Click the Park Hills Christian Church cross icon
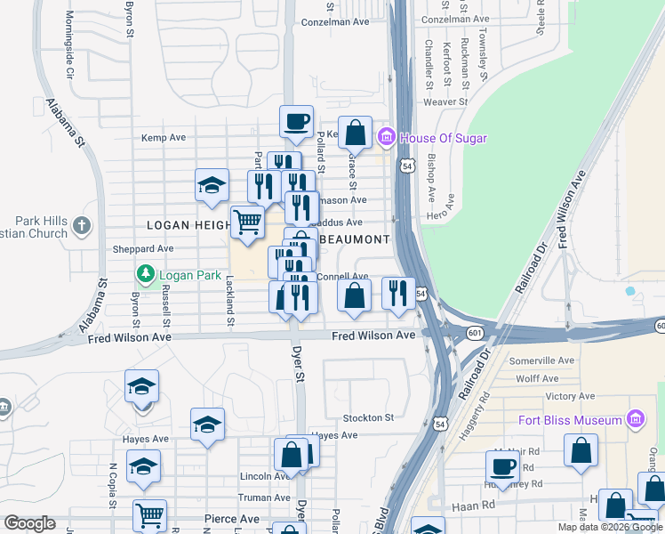[83, 224]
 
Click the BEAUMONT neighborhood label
[355, 239]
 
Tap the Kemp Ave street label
[164, 138]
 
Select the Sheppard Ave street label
[142, 249]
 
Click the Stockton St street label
[368, 417]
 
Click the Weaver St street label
[445, 102]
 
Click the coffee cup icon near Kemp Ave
[296, 120]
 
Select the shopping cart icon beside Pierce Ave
[149, 515]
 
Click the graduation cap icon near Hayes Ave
[207, 425]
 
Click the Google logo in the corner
[29, 523]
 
